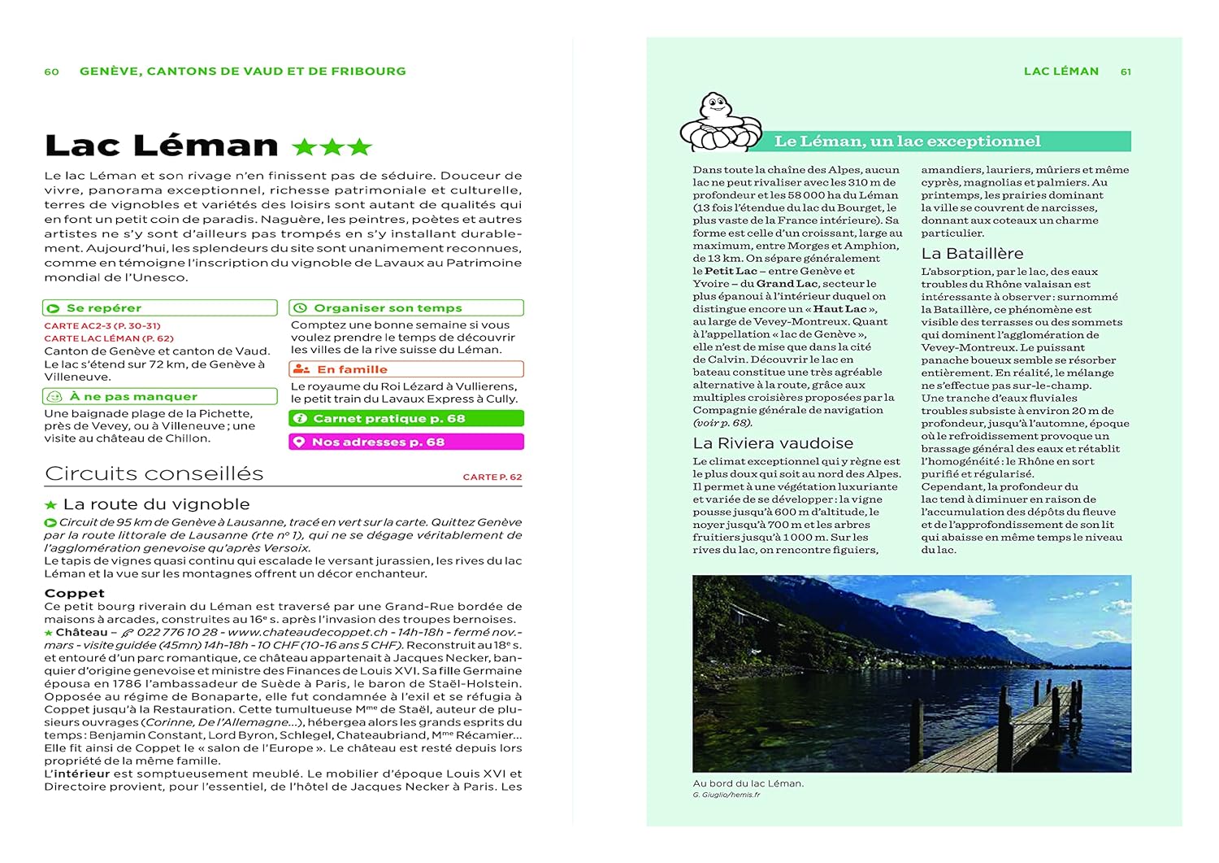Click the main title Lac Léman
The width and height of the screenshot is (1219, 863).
(x=162, y=146)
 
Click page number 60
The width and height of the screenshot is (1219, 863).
(x=51, y=72)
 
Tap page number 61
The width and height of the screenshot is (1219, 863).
(x=1126, y=72)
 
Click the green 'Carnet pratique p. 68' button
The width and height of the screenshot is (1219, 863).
(x=406, y=419)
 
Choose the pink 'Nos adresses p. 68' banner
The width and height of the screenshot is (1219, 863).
(x=406, y=442)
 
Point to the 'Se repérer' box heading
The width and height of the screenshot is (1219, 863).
(x=104, y=308)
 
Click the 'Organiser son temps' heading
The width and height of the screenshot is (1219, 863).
(x=388, y=308)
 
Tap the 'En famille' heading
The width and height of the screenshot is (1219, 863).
(x=351, y=369)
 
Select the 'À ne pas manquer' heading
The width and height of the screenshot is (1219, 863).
(x=133, y=397)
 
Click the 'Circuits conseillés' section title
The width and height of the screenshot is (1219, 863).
(x=154, y=473)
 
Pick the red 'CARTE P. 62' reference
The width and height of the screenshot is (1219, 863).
(x=492, y=477)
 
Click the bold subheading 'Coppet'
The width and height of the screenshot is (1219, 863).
(x=75, y=593)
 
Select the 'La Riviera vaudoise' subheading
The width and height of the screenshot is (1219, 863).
(x=773, y=443)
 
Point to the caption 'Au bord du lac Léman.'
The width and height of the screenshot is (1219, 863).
(x=748, y=783)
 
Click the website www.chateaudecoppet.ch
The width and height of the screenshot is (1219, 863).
(x=307, y=632)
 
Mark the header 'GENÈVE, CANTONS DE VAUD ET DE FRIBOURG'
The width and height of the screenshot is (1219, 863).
(x=243, y=72)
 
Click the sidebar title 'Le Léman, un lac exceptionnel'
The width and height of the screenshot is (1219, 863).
(x=907, y=142)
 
